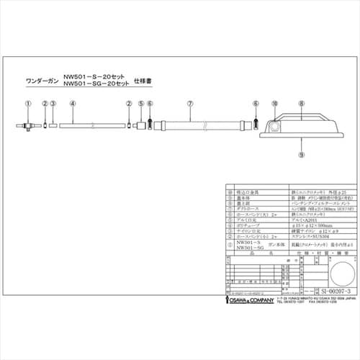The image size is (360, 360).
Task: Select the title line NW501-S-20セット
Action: pos(95,75)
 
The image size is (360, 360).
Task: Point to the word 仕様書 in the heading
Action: pos(146,82)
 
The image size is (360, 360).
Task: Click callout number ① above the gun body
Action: pos(27,104)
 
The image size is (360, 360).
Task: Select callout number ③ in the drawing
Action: pos(54,104)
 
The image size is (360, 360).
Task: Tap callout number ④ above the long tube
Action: pos(73,104)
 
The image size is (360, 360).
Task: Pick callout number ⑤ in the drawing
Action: pos(140,104)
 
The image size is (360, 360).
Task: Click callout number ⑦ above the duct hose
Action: pos(189,104)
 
